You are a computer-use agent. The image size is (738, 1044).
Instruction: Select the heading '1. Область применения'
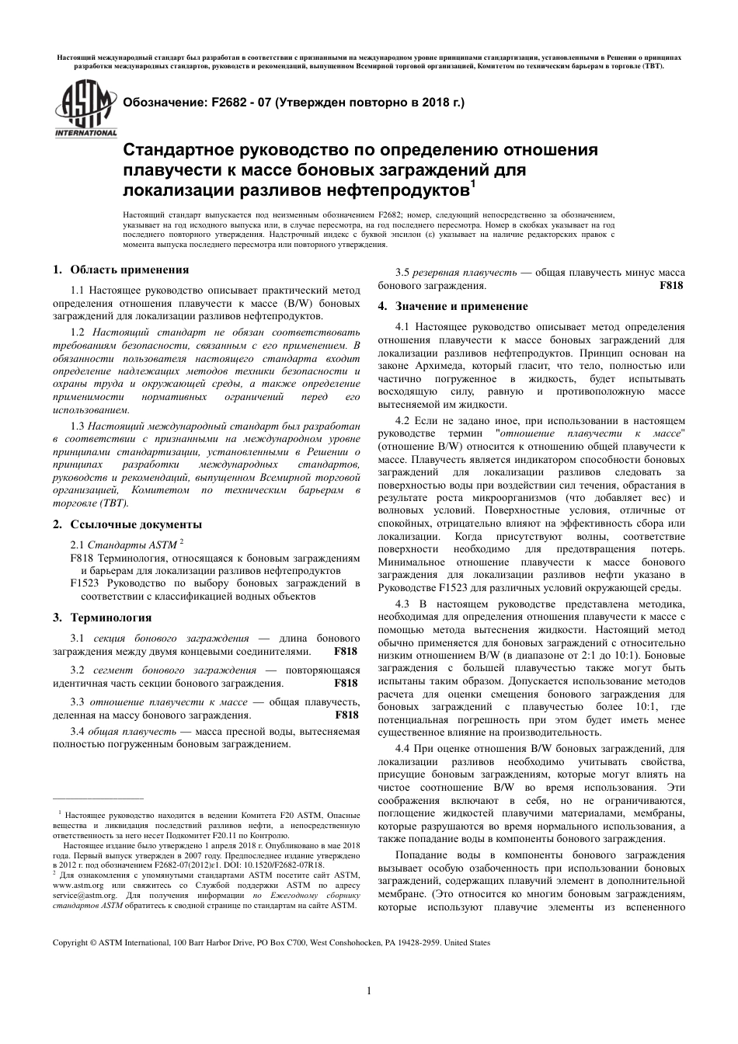120,270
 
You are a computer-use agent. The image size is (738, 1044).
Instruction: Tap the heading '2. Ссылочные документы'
127,524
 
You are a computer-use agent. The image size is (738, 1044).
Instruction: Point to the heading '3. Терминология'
102,618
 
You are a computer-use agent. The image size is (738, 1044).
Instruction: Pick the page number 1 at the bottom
369,990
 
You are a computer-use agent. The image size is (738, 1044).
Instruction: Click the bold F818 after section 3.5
671,286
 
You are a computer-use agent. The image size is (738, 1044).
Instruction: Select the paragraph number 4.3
402,604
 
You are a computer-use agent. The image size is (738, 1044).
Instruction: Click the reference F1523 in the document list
85,583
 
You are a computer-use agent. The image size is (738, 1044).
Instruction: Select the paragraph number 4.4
402,747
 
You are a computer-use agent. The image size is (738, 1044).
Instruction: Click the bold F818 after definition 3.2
346,683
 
